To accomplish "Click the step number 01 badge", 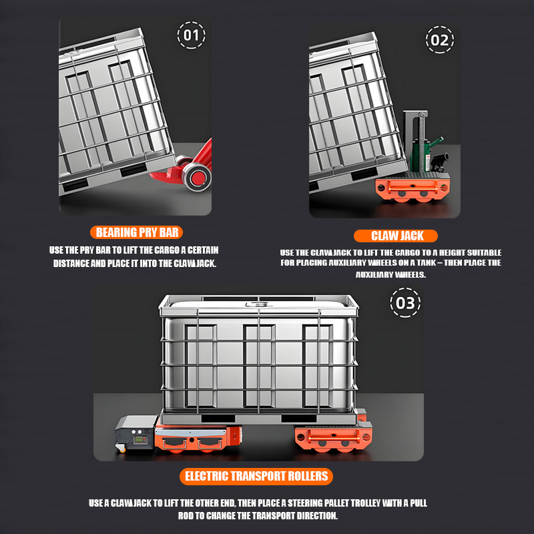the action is click(191, 35).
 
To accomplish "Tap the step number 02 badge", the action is click(440, 40).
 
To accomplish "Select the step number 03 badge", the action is click(405, 303).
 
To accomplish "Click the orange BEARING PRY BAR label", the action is click(137, 232).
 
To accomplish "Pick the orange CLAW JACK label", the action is click(396, 236).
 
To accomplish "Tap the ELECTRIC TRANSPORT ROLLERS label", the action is click(256, 476).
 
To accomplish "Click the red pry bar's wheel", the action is click(198, 177).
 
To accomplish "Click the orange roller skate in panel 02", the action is click(413, 188).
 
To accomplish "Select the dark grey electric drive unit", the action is click(136, 433).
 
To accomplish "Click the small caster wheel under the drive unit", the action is click(121, 448).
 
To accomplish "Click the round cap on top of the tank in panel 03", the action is click(258, 304).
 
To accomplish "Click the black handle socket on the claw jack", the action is click(440, 160).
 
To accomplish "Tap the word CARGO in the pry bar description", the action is click(167, 250).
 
